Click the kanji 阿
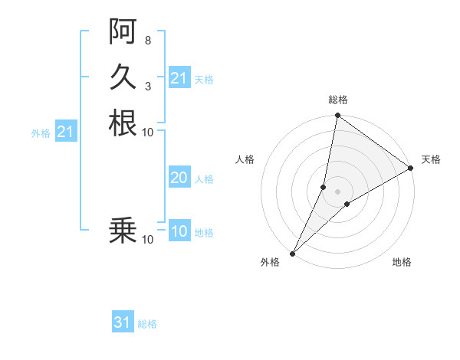click(123, 31)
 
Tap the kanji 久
click(123, 76)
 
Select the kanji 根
click(123, 123)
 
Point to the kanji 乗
click(123, 229)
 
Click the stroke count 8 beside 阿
click(147, 40)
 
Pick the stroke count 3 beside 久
click(147, 85)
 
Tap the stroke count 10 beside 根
click(148, 132)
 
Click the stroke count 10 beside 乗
click(148, 240)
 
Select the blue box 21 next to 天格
click(179, 78)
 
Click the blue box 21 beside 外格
click(66, 132)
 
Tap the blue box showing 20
click(179, 178)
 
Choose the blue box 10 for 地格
click(179, 231)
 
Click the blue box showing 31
click(123, 322)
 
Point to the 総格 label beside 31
click(147, 324)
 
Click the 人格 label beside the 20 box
click(204, 179)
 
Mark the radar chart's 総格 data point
click(337, 116)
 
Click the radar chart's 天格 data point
click(411, 168)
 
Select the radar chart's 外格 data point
click(293, 253)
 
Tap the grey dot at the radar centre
click(337, 191)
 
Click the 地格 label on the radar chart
click(402, 263)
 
